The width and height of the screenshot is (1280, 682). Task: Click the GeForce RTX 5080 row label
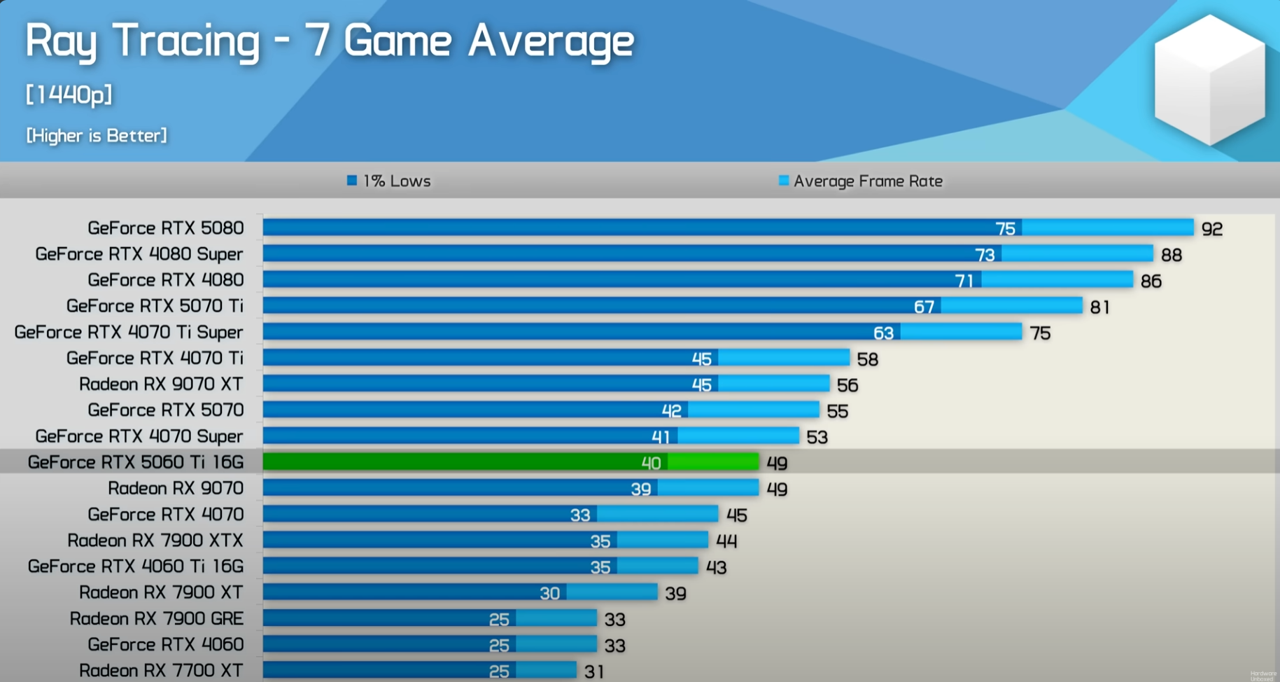(165, 228)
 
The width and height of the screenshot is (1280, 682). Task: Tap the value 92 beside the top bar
(1211, 229)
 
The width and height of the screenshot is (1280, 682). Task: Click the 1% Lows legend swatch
(352, 181)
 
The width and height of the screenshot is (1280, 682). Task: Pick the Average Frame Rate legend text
(868, 181)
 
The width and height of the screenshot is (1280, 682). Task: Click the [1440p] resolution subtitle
(69, 94)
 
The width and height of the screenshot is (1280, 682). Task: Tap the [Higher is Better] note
(97, 135)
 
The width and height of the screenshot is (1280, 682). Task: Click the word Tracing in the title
(186, 40)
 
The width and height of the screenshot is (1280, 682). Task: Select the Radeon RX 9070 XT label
(161, 384)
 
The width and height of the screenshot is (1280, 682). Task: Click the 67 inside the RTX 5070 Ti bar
(924, 307)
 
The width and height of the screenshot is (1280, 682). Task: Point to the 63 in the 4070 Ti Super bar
(883, 333)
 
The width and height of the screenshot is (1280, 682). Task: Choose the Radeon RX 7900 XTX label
(155, 540)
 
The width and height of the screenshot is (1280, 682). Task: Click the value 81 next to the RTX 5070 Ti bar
(1099, 307)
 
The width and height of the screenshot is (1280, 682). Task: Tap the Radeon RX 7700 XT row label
(161, 670)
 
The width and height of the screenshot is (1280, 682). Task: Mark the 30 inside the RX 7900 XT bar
(549, 593)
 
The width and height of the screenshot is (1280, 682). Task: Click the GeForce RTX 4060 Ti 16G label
(136, 566)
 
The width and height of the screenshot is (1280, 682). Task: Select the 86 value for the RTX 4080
(1151, 281)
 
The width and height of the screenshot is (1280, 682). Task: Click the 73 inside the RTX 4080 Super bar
(985, 255)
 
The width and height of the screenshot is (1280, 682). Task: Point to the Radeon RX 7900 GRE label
(157, 618)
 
